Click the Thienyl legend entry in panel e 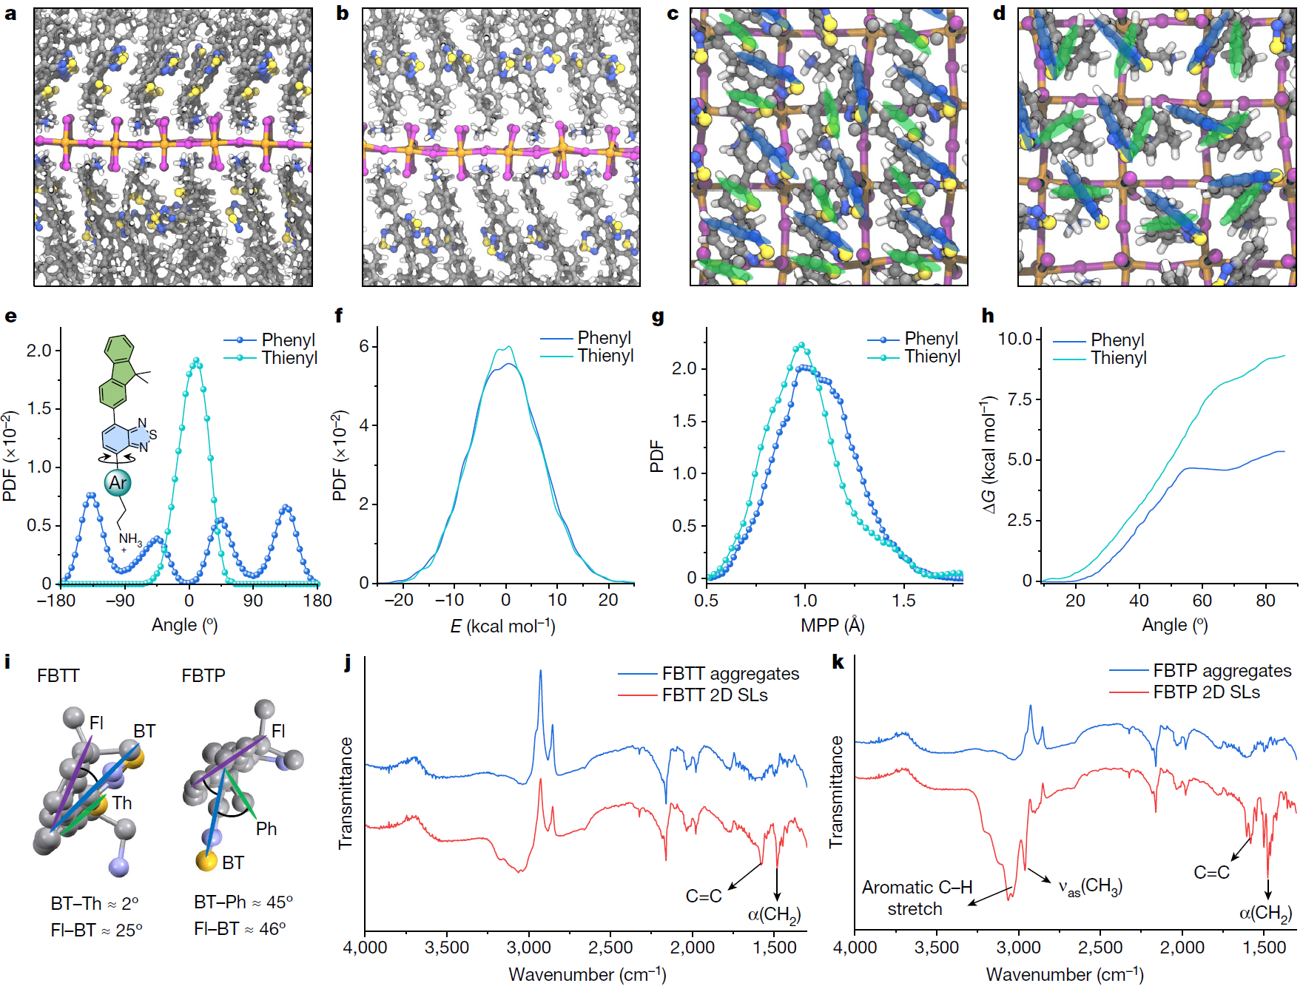(x=289, y=358)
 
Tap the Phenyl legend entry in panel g (x=931, y=339)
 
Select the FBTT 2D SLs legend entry (x=714, y=695)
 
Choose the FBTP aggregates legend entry (x=1222, y=671)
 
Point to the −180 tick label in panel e (x=56, y=601)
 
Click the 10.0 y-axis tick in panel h (x=1014, y=339)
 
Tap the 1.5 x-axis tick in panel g (x=903, y=601)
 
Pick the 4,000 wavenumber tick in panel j (x=365, y=948)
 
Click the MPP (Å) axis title (x=832, y=626)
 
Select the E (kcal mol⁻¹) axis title (x=503, y=627)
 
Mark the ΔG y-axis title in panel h (x=989, y=455)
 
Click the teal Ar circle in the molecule (x=118, y=483)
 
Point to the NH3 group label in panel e (x=130, y=539)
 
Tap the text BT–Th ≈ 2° (x=95, y=903)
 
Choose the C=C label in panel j (x=704, y=896)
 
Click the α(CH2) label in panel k (x=1265, y=914)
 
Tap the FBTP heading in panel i (x=203, y=675)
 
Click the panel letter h (x=988, y=317)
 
